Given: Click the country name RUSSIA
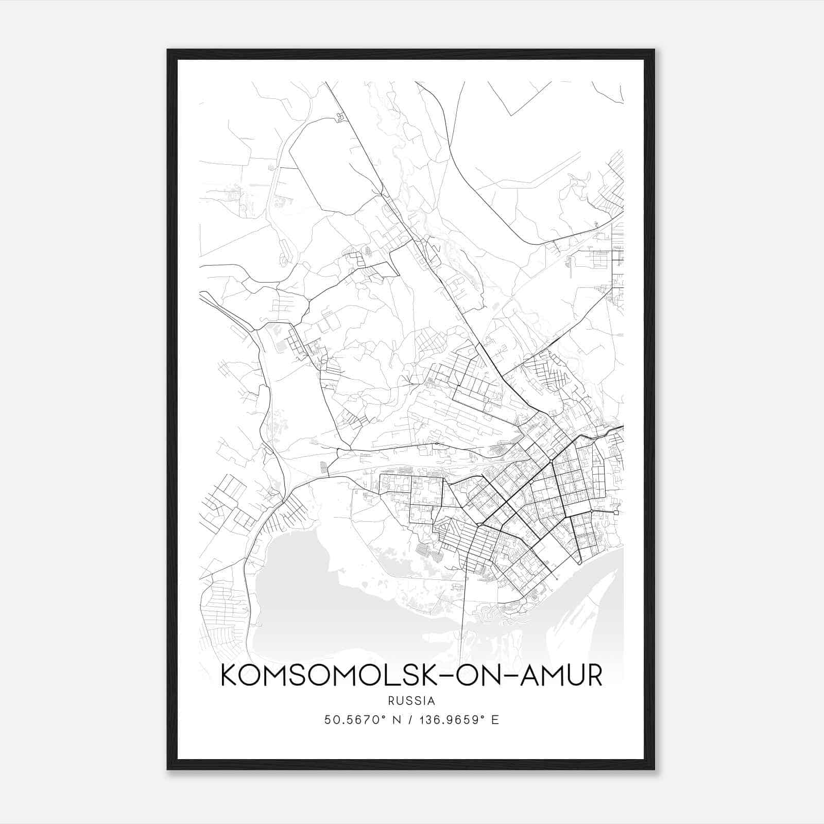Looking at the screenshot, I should pos(411,701).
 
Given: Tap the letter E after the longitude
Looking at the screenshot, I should pos(495,720).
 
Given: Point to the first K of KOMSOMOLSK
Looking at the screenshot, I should pos(230,676).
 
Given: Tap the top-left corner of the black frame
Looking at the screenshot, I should pos(168,50).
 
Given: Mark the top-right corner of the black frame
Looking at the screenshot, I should pos(654,50).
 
